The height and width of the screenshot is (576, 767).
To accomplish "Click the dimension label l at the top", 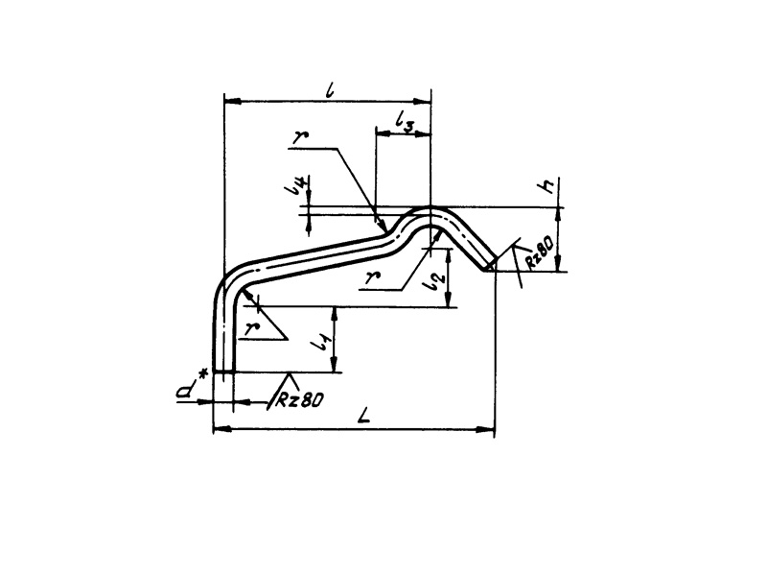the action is point(331,90).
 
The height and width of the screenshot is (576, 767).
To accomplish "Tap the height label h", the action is point(547,185).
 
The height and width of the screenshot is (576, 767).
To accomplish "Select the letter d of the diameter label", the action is point(185,392).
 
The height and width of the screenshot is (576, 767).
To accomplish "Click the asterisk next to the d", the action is point(204,375).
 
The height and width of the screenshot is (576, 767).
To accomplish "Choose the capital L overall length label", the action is point(364,416).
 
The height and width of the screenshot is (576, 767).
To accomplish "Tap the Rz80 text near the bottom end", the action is point(300,400).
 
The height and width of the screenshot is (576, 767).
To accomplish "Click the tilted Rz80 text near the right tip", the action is point(540,252).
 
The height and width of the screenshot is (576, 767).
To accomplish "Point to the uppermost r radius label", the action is point(299,137).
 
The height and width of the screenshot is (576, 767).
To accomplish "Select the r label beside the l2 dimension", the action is point(373,278).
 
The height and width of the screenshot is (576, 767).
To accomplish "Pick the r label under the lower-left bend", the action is point(251,328).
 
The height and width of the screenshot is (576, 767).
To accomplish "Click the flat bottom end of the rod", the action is point(224,372).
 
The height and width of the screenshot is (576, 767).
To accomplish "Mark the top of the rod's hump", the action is point(430,207).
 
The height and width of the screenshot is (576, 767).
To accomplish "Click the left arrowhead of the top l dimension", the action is point(232,102).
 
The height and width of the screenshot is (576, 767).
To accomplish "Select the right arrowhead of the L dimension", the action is point(486,429).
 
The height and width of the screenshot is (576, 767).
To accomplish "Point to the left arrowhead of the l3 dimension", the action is point(383,133).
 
